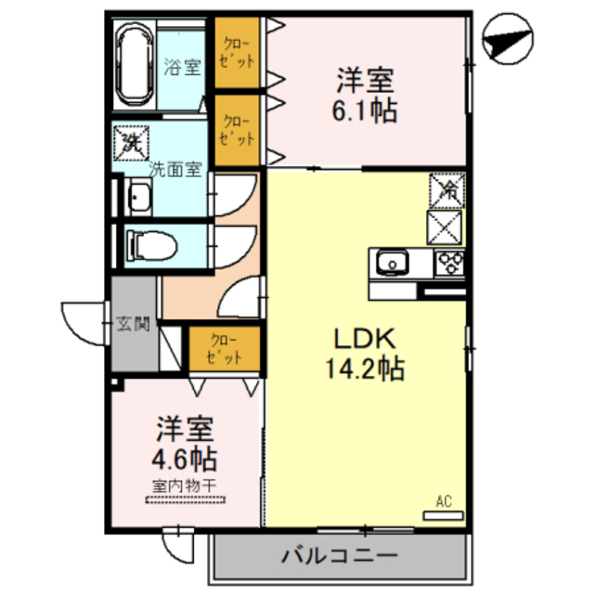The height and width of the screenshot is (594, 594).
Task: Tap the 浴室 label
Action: pyautogui.click(x=183, y=67)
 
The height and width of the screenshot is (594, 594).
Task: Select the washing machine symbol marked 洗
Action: pyautogui.click(x=131, y=142)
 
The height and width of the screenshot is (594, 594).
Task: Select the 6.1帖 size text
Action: pyautogui.click(x=367, y=111)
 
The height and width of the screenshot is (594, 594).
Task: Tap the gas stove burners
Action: pyautogui.click(x=450, y=264)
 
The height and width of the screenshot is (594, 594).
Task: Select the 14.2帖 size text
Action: pyautogui.click(x=365, y=369)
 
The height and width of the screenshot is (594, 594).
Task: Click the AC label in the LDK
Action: pyautogui.click(x=443, y=502)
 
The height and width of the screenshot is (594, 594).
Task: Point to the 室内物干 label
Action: pyautogui.click(x=186, y=484)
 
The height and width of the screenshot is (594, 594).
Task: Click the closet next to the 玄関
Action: pyautogui.click(x=220, y=348)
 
